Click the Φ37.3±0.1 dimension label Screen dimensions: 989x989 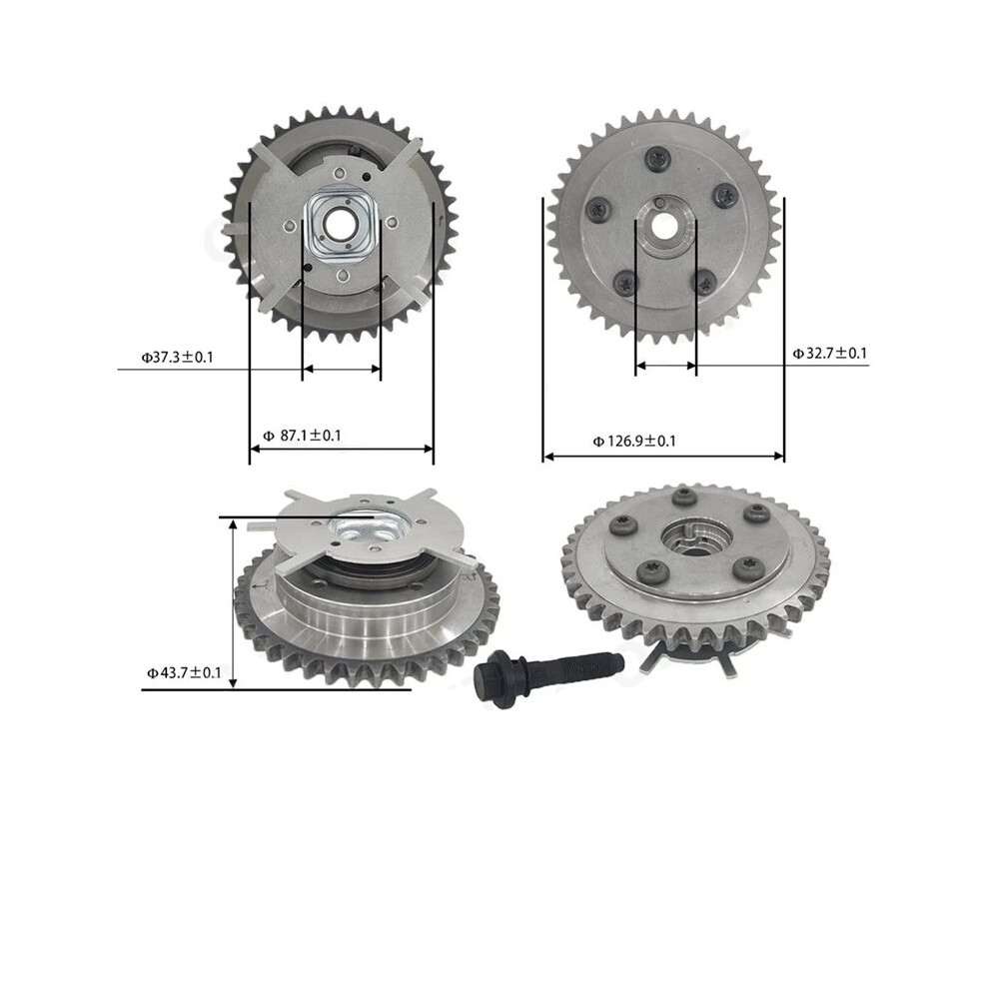point(177,358)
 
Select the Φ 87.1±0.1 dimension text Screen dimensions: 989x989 point(302,436)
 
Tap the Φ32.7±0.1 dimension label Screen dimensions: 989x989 point(829,354)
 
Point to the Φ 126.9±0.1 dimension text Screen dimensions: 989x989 point(634,441)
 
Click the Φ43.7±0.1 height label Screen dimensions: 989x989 point(184,672)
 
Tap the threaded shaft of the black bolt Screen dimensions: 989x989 point(574,670)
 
